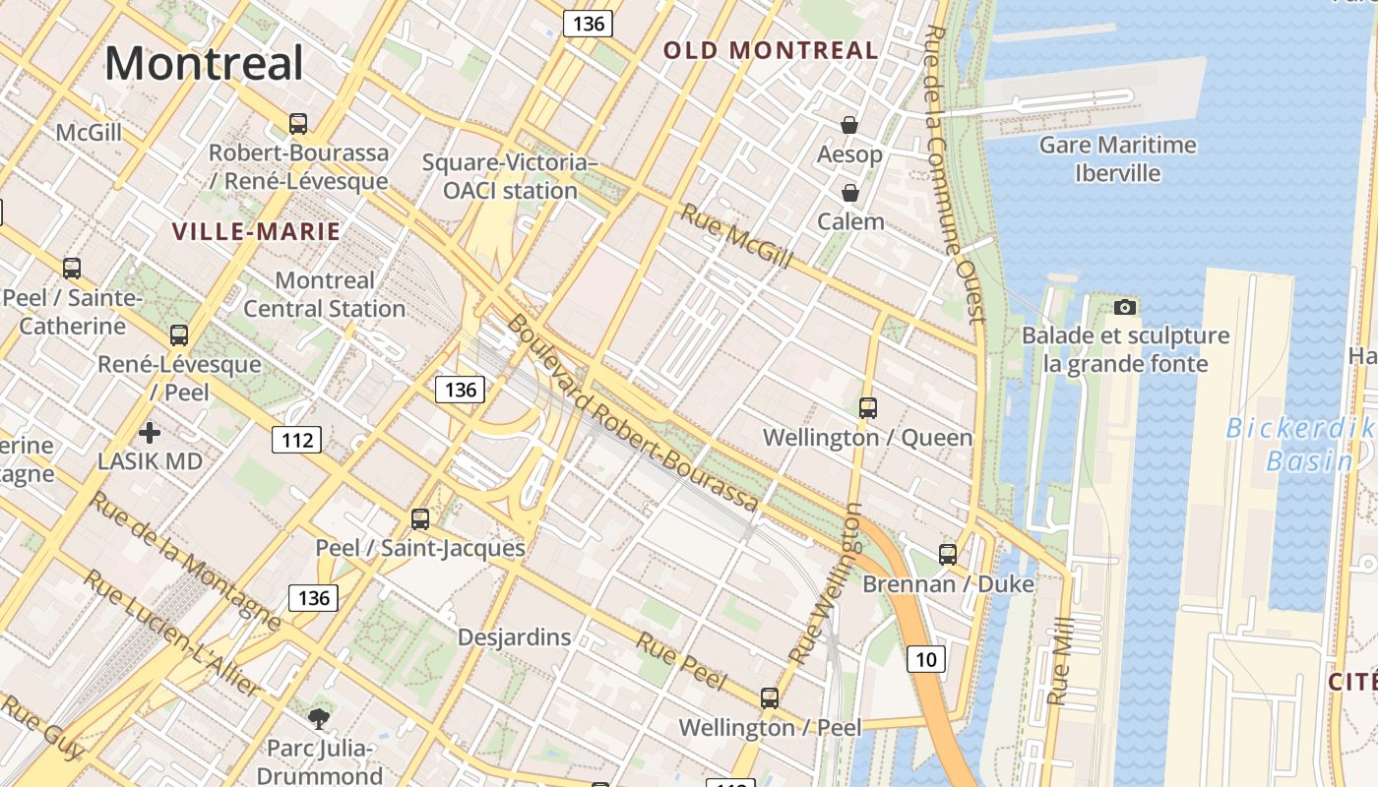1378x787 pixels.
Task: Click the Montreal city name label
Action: coord(204,63)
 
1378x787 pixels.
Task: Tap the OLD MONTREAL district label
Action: coord(771,50)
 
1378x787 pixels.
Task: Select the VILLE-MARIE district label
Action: coord(256,232)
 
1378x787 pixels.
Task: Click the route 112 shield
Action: coord(297,440)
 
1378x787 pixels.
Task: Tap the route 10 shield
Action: coord(925,659)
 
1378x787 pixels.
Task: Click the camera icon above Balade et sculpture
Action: coord(1125,307)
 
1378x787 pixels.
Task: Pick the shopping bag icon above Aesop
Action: coord(849,125)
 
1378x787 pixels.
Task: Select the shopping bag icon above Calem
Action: coord(849,193)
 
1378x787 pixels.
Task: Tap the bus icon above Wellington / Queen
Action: coord(867,407)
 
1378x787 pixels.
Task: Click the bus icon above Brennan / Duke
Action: coord(948,555)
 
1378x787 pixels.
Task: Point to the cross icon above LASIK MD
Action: coord(150,432)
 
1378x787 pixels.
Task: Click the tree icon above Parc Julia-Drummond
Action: coord(318,719)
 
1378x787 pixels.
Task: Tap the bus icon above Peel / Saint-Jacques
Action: coord(420,518)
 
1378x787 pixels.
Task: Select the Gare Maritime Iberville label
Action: coord(1118,159)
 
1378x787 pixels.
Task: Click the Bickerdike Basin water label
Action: coord(1299,445)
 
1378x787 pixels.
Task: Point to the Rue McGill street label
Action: coord(736,236)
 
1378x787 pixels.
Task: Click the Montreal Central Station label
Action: coord(324,294)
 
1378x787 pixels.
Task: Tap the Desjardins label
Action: coord(514,637)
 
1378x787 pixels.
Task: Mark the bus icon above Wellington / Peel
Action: coord(770,698)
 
